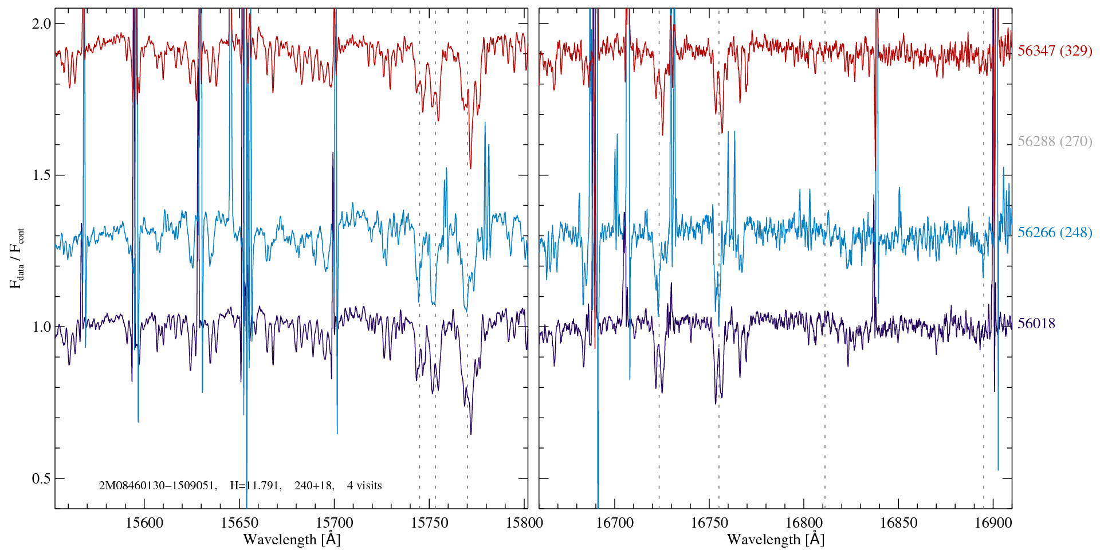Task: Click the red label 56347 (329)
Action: point(1055,50)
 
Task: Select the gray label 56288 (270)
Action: point(1055,141)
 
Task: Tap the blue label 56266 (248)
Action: point(1055,232)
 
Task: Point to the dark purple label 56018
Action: point(1036,323)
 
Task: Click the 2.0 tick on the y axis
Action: point(41,23)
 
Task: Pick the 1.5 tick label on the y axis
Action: point(41,175)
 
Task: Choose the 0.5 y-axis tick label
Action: point(41,478)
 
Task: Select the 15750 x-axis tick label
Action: point(430,522)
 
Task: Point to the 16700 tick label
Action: point(615,522)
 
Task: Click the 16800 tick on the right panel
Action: point(803,522)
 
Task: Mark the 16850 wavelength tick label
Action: point(898,522)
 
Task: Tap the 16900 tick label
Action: point(993,522)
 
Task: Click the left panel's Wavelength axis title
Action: point(292,539)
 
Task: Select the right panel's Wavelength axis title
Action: point(776,539)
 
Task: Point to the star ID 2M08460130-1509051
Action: point(158,486)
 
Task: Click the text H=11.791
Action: point(255,486)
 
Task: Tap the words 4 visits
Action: point(364,486)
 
